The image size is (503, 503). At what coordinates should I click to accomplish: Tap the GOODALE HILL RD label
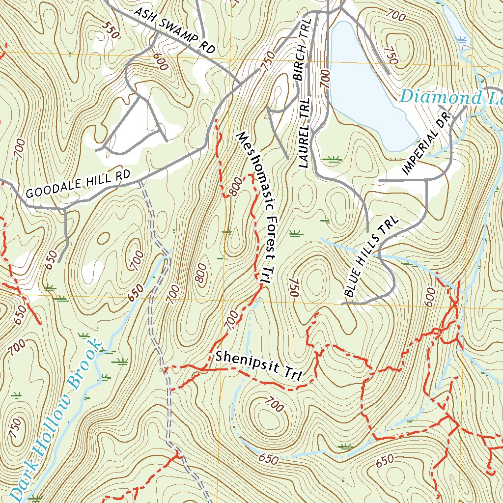click(x=79, y=184)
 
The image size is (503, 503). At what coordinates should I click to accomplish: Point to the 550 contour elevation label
click(x=112, y=30)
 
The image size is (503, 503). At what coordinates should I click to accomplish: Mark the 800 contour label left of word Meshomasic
click(x=235, y=186)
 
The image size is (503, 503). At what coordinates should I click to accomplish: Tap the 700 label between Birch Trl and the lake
click(x=325, y=78)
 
